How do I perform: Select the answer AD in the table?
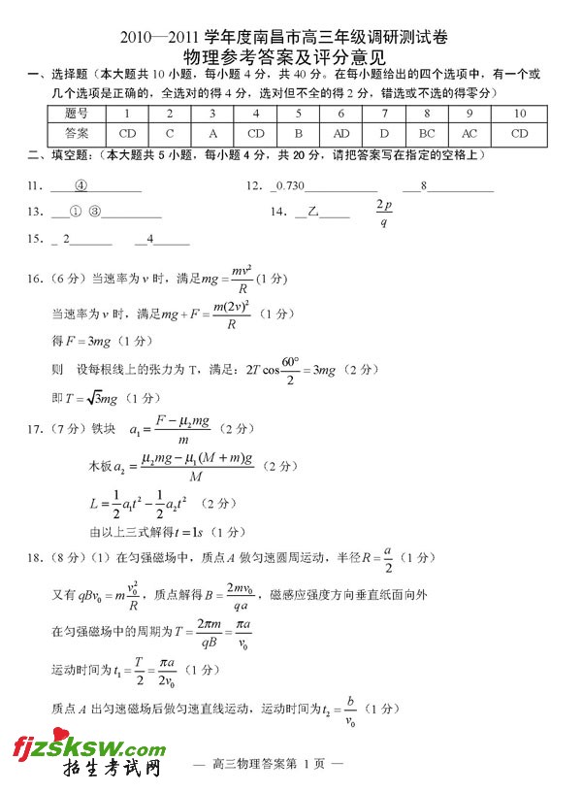(x=341, y=132)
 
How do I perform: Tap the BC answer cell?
(x=427, y=132)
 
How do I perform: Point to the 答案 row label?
(x=77, y=132)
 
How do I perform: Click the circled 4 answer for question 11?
(x=81, y=185)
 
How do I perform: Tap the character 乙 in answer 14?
(x=312, y=212)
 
